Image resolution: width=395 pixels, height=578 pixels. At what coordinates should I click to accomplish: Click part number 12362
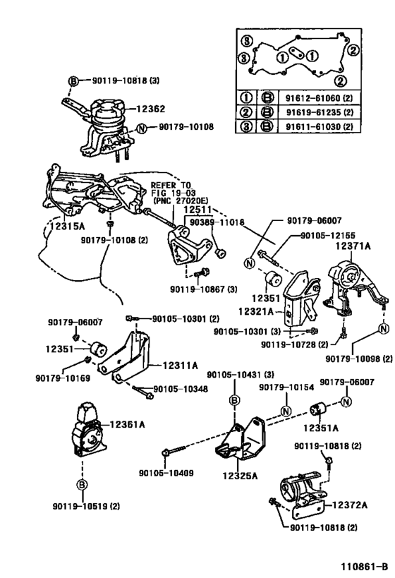pyautogui.click(x=151, y=109)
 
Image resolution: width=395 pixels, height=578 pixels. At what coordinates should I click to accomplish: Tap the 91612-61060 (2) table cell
pyautogui.click(x=320, y=98)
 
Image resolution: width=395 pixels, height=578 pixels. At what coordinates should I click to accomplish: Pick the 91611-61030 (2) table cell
pyautogui.click(x=320, y=126)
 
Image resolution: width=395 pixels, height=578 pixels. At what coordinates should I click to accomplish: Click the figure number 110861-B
pyautogui.click(x=364, y=567)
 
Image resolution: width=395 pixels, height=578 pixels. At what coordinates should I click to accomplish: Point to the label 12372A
pyautogui.click(x=350, y=505)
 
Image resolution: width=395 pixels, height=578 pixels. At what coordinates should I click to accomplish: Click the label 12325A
pyautogui.click(x=240, y=476)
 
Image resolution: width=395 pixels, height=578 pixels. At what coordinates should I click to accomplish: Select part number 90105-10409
pyautogui.click(x=166, y=473)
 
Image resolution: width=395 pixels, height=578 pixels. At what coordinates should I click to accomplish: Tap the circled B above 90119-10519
pyautogui.click(x=82, y=485)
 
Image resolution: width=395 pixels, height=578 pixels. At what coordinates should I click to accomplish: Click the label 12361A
pyautogui.click(x=128, y=425)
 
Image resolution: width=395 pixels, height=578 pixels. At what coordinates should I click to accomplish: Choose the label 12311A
pyautogui.click(x=180, y=366)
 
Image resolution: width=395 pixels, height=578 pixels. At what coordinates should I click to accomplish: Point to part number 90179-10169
pyautogui.click(x=63, y=378)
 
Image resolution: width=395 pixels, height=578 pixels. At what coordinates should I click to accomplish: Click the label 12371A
pyautogui.click(x=353, y=246)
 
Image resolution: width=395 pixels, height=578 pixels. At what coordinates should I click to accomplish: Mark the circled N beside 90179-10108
pyautogui.click(x=142, y=128)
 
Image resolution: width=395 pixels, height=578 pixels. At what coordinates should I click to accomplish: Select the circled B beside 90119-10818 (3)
pyautogui.click(x=73, y=80)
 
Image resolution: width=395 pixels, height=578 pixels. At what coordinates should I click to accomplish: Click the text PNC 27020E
pyautogui.click(x=181, y=201)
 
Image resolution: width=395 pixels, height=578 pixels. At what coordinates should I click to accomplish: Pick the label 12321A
pyautogui.click(x=256, y=311)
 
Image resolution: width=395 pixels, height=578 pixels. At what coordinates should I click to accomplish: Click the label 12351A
pyautogui.click(x=320, y=428)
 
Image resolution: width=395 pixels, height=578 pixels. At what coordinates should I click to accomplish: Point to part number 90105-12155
pyautogui.click(x=328, y=235)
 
